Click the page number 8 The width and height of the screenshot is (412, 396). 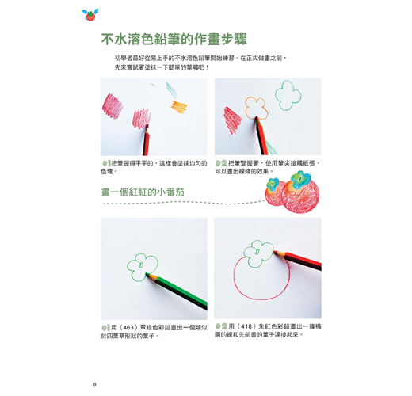pos(94,385)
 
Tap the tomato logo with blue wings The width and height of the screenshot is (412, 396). pos(90,15)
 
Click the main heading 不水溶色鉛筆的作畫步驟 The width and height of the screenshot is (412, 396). pos(174,39)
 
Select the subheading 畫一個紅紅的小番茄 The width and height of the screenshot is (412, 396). pos(143,192)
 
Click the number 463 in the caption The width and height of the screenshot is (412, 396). pos(128,328)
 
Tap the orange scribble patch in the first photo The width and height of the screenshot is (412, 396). pos(179,107)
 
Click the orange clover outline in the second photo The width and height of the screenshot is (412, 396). pos(255,108)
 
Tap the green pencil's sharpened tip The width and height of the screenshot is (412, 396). pos(147,274)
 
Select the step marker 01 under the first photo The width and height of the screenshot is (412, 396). pos(106,163)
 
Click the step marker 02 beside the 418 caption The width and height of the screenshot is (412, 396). pos(221,326)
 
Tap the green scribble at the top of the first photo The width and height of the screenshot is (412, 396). pos(171,90)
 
